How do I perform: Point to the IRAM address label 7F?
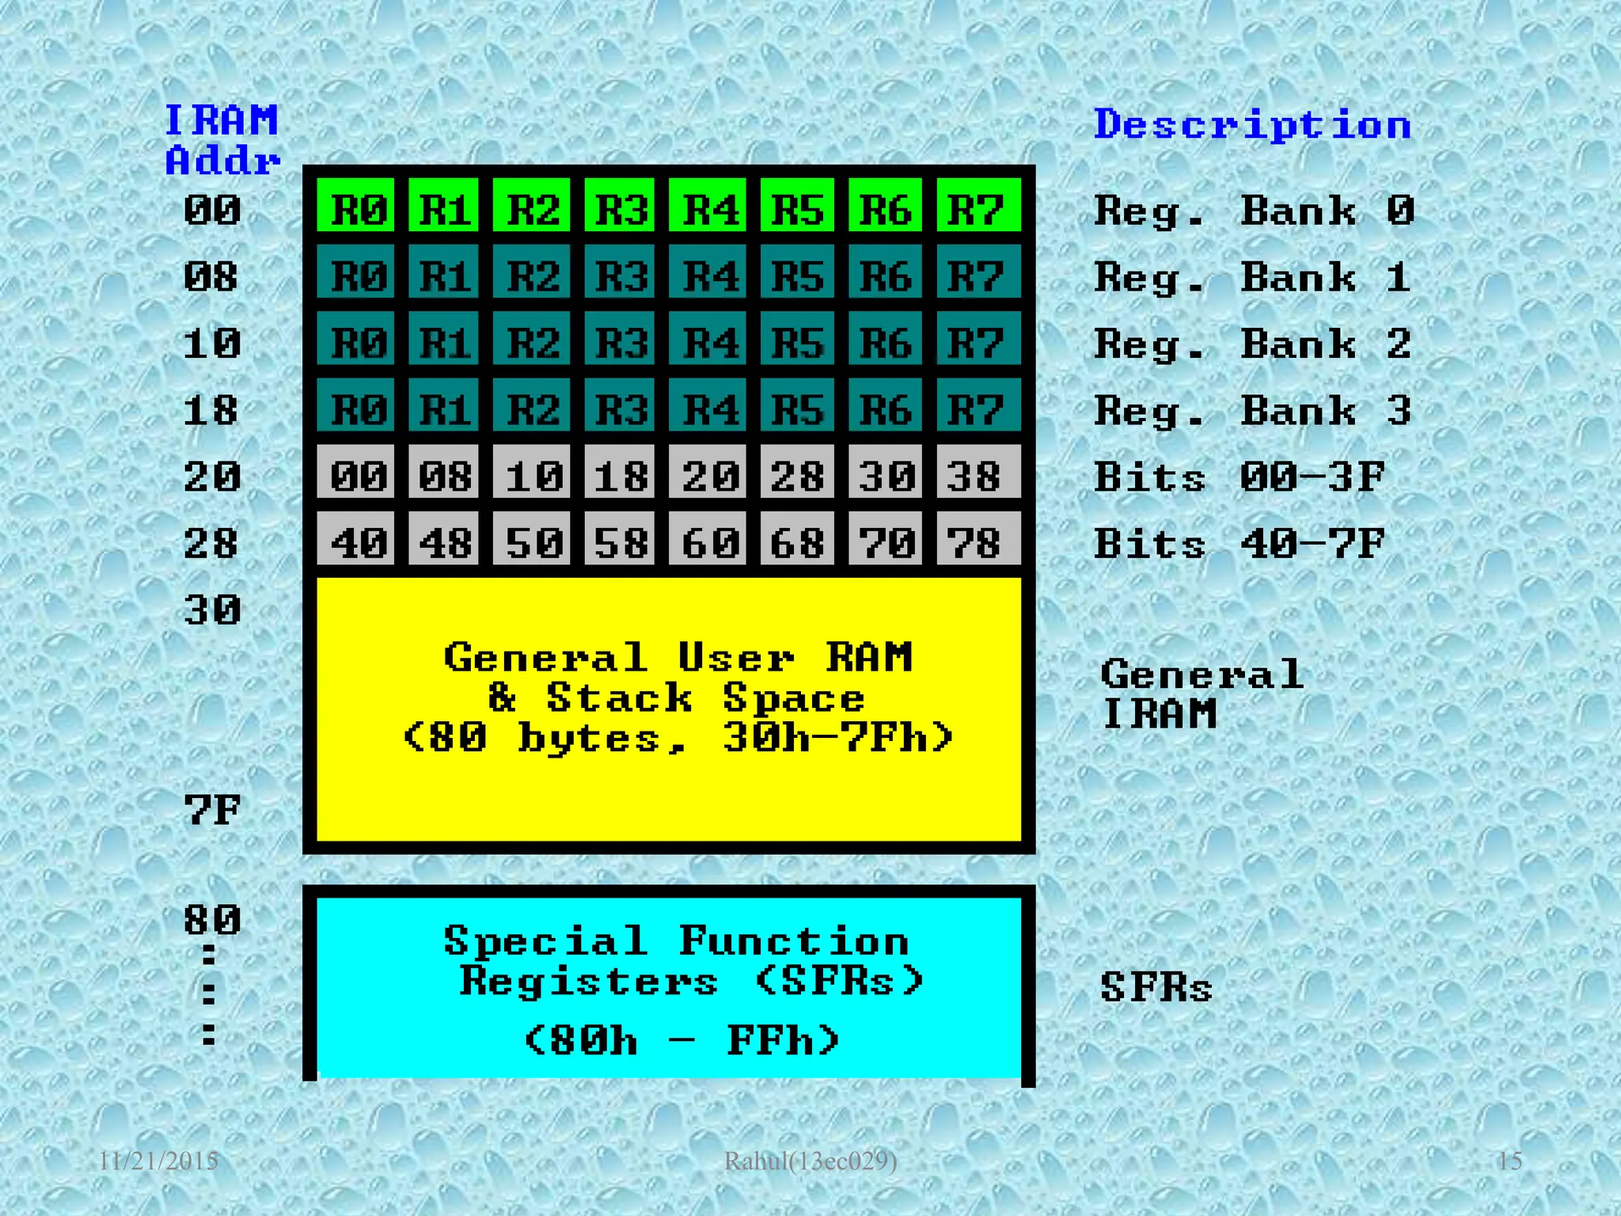[x=212, y=810]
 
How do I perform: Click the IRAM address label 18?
[x=211, y=410]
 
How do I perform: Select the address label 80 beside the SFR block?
[x=212, y=919]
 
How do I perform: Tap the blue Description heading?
[x=1252, y=125]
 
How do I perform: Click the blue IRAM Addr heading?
[x=222, y=140]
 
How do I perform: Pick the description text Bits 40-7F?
[x=1239, y=543]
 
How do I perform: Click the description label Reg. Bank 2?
[x=1252, y=344]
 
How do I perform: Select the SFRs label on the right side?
[x=1156, y=987]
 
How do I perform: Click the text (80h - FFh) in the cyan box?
[x=681, y=1039]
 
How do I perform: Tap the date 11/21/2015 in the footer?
[x=158, y=1161]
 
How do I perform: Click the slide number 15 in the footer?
[x=1509, y=1161]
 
